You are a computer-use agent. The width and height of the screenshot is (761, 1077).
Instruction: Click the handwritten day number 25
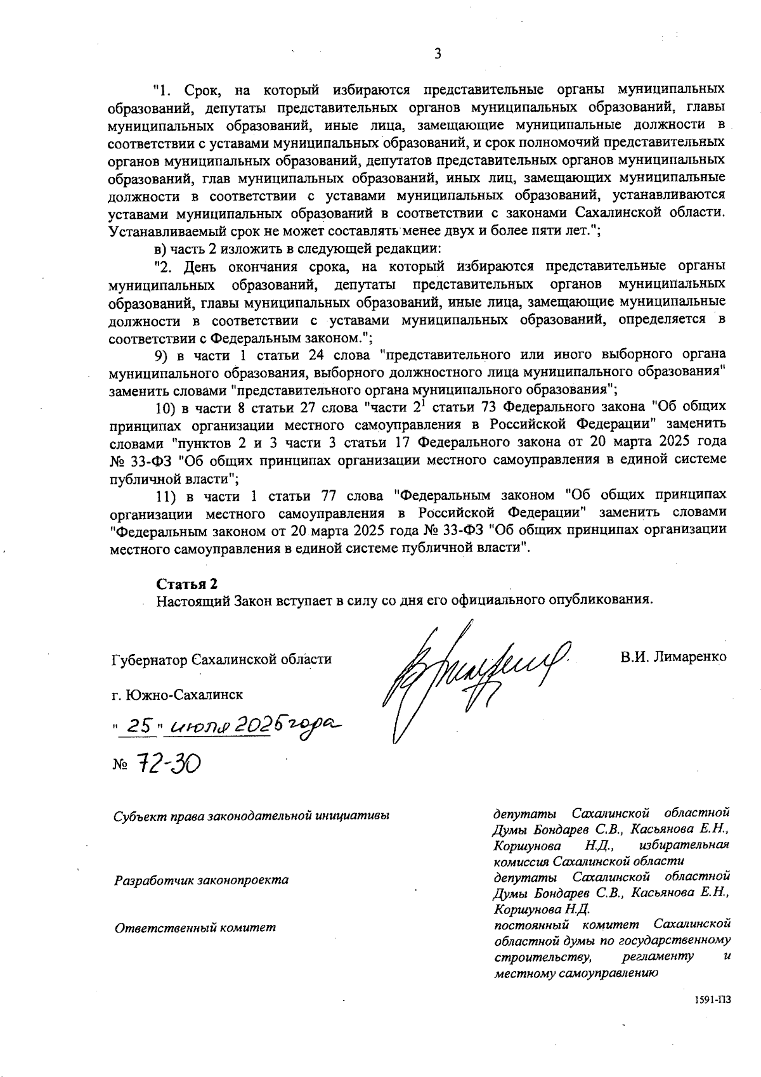click(x=138, y=726)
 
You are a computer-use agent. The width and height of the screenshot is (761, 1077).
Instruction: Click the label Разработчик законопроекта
click(x=201, y=880)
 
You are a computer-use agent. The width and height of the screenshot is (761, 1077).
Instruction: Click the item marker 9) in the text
click(x=163, y=353)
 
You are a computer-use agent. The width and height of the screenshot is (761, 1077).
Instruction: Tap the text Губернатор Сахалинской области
click(x=221, y=659)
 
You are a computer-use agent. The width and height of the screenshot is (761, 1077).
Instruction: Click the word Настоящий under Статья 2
click(x=186, y=599)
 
